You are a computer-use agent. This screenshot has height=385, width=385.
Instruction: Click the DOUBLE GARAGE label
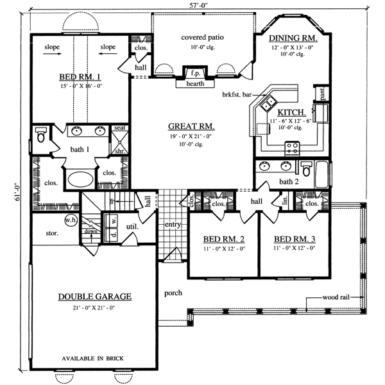coord(95,297)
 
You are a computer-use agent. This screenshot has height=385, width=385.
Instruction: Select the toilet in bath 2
coord(307,170)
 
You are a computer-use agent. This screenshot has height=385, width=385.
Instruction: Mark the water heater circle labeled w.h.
coord(71,220)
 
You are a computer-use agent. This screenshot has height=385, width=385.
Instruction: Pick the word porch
coord(173,293)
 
